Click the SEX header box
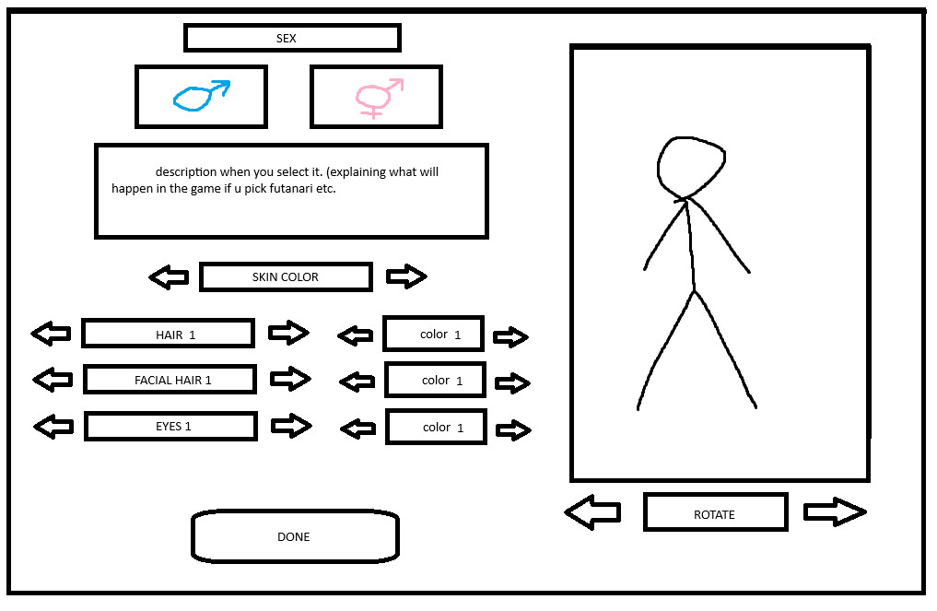[291, 38]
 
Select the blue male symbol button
[201, 96]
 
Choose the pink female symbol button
[378, 96]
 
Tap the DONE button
[294, 536]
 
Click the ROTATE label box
[715, 512]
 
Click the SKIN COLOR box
[286, 276]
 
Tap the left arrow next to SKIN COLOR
[169, 276]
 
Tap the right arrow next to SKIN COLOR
[406, 276]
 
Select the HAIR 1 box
[168, 334]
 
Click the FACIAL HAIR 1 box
[170, 379]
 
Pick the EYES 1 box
[170, 426]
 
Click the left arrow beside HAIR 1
[51, 334]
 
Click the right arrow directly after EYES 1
[291, 425]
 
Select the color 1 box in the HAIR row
[433, 334]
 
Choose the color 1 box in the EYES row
[435, 427]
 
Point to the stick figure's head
[690, 166]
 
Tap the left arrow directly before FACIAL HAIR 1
[53, 379]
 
